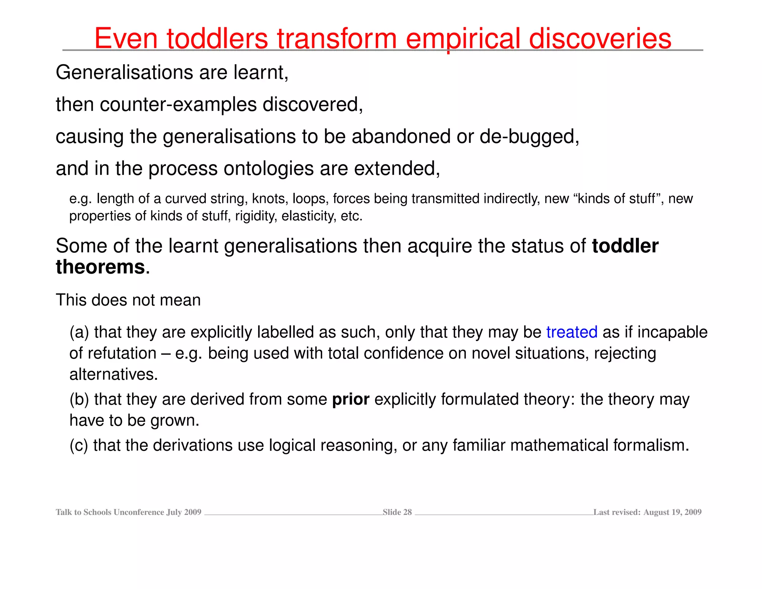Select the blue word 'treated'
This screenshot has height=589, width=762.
point(572,332)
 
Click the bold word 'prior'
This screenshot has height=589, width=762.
point(350,399)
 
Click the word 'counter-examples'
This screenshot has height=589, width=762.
point(178,104)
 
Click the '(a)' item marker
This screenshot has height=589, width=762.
point(79,332)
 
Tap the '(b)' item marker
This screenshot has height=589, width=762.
point(79,399)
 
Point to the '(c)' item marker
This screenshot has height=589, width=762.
point(79,445)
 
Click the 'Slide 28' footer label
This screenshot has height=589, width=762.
point(397,512)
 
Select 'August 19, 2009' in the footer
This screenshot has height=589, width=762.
point(672,512)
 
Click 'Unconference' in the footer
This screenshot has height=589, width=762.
point(139,512)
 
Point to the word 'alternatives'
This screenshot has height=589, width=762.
point(113,375)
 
